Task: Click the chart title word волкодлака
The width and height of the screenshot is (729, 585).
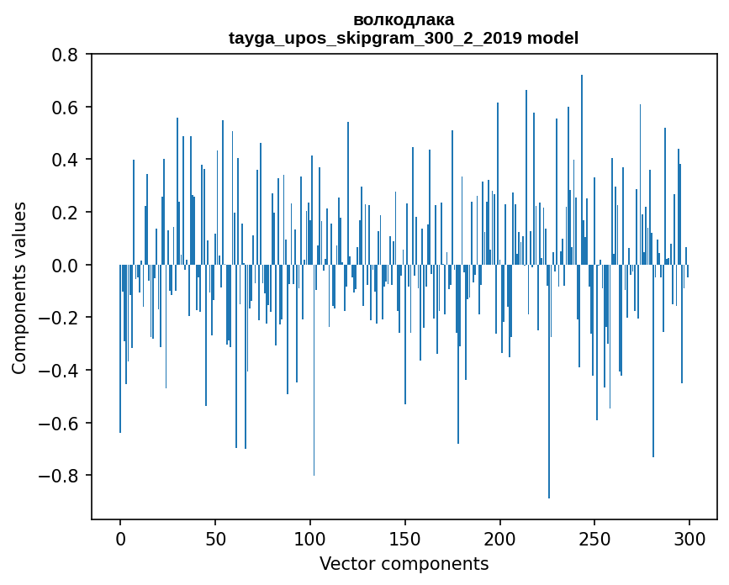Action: click(404, 19)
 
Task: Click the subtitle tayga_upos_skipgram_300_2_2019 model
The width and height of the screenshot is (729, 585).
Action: click(404, 38)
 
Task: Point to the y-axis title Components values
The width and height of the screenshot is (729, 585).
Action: click(19, 287)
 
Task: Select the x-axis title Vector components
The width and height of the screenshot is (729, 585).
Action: click(404, 563)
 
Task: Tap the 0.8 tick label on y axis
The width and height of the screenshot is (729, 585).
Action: click(66, 55)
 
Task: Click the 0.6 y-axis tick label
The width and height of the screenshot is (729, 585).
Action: click(66, 108)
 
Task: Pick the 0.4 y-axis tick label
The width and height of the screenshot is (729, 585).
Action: click(66, 160)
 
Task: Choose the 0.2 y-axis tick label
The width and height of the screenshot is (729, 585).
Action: click(66, 213)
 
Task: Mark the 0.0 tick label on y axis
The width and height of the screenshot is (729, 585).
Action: click(66, 266)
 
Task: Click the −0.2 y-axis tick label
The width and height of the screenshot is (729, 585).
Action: click(60, 318)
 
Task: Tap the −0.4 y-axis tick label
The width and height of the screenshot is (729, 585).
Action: click(60, 371)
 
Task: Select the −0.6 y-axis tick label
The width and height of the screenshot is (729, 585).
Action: click(60, 423)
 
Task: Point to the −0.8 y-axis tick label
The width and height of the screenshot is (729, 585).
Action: click(60, 476)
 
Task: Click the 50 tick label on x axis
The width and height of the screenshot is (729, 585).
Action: click(215, 537)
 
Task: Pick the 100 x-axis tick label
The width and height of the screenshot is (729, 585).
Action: click(310, 537)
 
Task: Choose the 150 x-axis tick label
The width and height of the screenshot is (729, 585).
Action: click(405, 537)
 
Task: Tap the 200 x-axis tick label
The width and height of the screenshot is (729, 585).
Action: click(500, 537)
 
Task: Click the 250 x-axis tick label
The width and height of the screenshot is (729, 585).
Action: click(595, 537)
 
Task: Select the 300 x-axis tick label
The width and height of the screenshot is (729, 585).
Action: click(689, 537)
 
